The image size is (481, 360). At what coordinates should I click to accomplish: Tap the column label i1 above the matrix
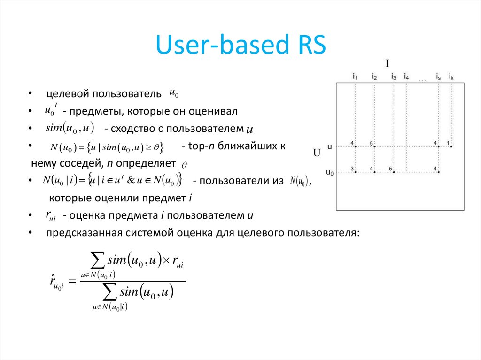(x=355, y=76)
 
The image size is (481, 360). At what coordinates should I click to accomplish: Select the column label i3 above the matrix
(x=394, y=76)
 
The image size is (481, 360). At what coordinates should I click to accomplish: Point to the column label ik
(x=451, y=76)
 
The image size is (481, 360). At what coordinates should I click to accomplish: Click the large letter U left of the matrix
(x=317, y=153)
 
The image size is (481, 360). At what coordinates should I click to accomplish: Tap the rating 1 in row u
(x=448, y=143)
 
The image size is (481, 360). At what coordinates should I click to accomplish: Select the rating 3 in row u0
(x=352, y=169)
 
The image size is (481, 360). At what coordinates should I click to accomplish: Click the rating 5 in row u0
(x=390, y=169)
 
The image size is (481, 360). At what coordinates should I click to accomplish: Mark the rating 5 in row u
(x=371, y=143)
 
